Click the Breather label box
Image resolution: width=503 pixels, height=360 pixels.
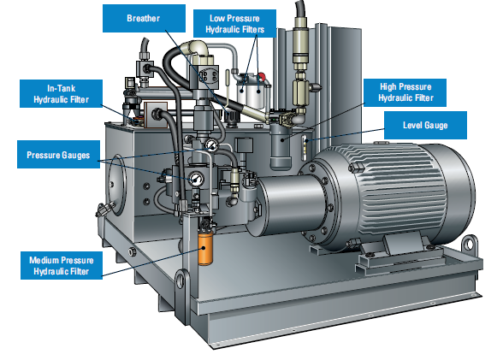click(144, 18)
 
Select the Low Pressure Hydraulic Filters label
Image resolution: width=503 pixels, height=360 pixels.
click(234, 23)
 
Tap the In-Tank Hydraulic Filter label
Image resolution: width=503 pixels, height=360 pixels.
click(61, 93)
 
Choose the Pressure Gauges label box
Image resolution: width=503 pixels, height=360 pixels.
click(58, 154)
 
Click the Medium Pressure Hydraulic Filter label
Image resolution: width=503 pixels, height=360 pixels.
click(62, 265)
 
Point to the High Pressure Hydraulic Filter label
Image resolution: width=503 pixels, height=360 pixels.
click(405, 92)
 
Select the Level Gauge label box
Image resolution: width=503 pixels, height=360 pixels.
click(425, 125)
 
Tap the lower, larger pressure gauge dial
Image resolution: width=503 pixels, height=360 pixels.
click(196, 180)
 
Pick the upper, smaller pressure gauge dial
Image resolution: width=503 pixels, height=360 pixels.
click(211, 145)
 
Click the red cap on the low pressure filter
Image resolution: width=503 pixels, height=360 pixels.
click(261, 77)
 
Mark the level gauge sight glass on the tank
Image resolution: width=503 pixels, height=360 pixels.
click(305, 147)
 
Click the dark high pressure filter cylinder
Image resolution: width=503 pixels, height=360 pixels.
click(281, 147)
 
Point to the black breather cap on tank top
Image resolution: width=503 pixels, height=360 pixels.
click(232, 116)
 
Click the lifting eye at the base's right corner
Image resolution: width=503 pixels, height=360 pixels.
click(469, 245)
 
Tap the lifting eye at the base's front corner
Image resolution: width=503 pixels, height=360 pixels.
click(182, 280)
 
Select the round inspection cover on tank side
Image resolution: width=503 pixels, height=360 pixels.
click(116, 186)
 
